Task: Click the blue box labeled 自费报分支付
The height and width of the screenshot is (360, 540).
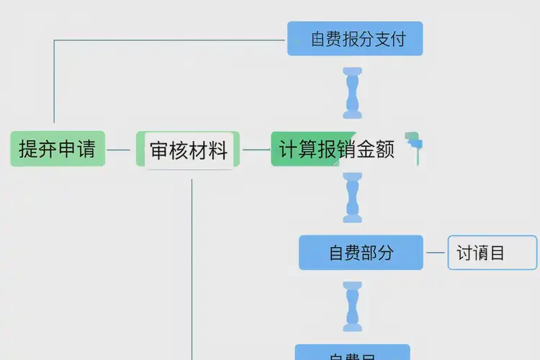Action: tap(355, 39)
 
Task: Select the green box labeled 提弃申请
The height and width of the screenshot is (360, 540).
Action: tap(58, 149)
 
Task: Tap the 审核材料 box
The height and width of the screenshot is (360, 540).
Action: tap(189, 150)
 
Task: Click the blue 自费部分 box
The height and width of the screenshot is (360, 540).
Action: tap(361, 253)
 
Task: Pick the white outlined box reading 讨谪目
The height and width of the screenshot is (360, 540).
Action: tap(492, 253)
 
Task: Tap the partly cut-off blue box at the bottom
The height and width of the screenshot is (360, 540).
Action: tap(352, 353)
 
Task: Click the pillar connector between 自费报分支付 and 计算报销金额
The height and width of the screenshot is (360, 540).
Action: tap(353, 93)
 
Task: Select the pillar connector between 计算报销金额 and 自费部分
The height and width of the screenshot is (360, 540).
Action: tap(353, 198)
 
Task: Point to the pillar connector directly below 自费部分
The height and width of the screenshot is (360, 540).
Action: tap(353, 307)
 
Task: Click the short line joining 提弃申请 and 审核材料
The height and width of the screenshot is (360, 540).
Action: tap(119, 150)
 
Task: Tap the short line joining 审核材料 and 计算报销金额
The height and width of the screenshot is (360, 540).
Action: tap(256, 150)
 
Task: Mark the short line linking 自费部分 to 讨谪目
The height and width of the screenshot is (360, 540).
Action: tap(436, 253)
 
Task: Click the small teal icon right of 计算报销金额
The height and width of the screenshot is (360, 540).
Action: tap(413, 143)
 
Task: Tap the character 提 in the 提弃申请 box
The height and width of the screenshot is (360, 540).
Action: tap(28, 149)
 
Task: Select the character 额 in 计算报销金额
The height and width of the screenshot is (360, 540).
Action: tap(385, 149)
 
